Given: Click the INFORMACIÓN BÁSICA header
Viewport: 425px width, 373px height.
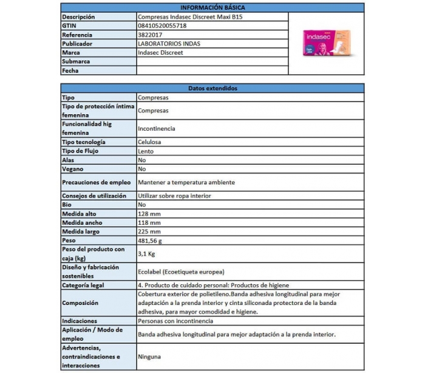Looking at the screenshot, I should pyautogui.click(x=212, y=7).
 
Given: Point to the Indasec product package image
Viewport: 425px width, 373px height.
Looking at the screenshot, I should pyautogui.click(x=325, y=44).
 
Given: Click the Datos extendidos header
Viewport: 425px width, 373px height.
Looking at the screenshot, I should pyautogui.click(x=212, y=88).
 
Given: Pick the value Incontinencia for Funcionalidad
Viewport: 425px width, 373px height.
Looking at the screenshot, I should pyautogui.click(x=157, y=129).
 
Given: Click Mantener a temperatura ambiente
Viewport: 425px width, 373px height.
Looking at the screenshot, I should pyautogui.click(x=186, y=182).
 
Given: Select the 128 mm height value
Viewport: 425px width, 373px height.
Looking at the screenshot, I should pyautogui.click(x=149, y=214).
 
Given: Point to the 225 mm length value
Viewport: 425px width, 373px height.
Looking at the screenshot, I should pyautogui.click(x=149, y=231).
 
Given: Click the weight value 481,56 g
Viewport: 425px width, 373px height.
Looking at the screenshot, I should pyautogui.click(x=152, y=241).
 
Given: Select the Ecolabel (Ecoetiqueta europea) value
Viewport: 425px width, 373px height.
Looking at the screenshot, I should pyautogui.click(x=182, y=272).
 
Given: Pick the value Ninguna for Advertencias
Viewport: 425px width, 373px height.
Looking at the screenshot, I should pyautogui.click(x=151, y=357).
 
